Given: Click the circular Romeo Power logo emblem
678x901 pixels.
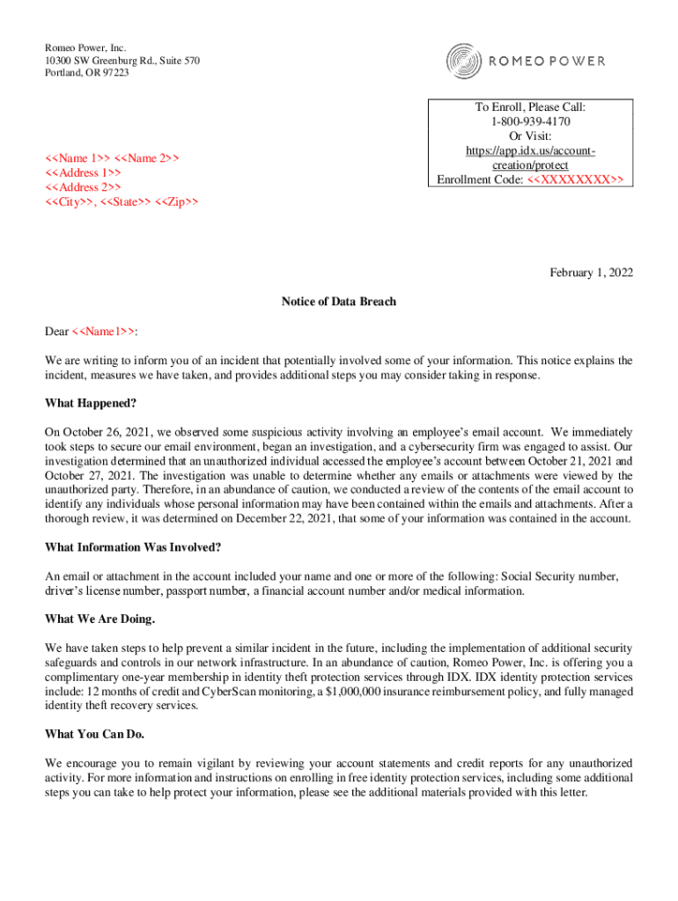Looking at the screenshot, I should click(463, 61).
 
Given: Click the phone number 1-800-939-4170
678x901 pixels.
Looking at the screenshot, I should click(530, 121).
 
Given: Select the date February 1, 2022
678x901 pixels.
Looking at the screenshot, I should click(590, 273).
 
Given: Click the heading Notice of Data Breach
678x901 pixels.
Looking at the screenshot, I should click(339, 302).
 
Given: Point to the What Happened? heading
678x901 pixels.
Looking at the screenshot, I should click(91, 404).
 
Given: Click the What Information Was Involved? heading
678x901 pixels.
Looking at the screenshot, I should click(133, 547).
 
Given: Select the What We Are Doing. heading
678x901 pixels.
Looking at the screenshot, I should click(99, 619).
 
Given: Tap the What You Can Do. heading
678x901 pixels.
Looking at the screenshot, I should click(94, 735).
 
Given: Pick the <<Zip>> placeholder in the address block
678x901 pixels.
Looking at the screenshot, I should click(177, 202).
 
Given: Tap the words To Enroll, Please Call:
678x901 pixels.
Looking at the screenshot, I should click(530, 106).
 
